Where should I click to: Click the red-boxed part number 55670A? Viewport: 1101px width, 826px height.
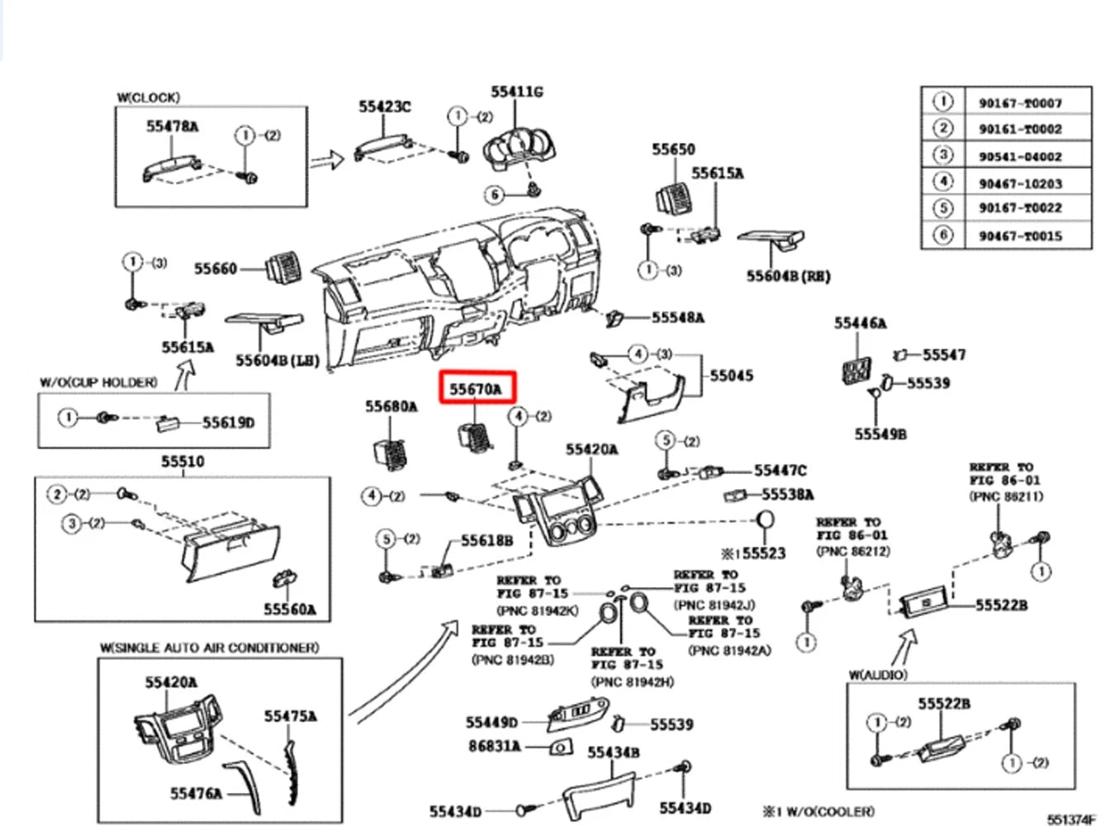(x=477, y=387)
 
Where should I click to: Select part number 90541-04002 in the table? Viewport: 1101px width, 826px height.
(x=1020, y=156)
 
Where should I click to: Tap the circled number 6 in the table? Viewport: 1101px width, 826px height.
(x=942, y=235)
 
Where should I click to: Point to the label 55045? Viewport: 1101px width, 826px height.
(x=732, y=375)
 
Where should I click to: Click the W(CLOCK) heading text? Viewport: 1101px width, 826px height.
(x=149, y=97)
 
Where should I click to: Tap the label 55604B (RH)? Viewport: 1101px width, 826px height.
(x=788, y=276)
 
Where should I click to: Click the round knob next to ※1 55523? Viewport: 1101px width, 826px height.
(x=766, y=520)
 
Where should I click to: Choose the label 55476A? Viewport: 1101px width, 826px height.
(x=197, y=793)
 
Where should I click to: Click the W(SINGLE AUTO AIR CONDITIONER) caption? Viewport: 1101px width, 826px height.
(x=209, y=648)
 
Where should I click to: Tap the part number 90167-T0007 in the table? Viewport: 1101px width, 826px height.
(x=1020, y=103)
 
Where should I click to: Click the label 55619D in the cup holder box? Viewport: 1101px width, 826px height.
(x=229, y=423)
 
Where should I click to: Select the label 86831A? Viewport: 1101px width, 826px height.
(x=494, y=746)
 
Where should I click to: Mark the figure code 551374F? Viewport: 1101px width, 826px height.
(x=1071, y=819)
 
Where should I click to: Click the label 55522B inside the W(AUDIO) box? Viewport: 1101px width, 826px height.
(x=944, y=704)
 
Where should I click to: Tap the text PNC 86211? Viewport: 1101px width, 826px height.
(x=1005, y=496)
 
